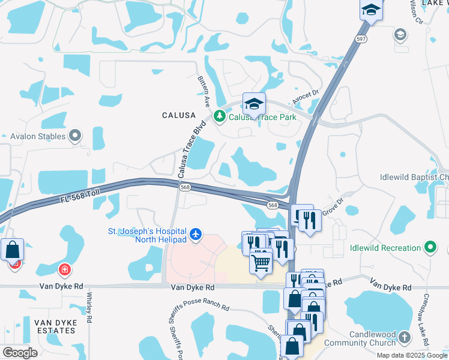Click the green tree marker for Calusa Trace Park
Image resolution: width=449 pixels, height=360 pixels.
220,117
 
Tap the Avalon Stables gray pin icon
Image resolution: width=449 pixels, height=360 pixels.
75,137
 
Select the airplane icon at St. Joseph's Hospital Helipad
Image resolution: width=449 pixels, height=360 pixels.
196,234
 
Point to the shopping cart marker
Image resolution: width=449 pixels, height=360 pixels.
261,262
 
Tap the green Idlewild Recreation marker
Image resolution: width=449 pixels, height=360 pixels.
430,247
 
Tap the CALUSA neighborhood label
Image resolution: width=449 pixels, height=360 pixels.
179,115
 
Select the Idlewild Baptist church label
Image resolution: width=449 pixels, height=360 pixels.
414,178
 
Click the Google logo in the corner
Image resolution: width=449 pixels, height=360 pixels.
20,353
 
